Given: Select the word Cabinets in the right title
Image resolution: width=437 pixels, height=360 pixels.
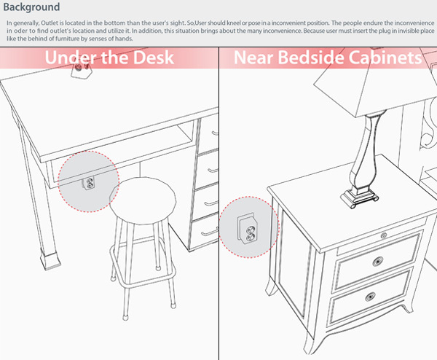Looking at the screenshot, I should [x=384, y=58].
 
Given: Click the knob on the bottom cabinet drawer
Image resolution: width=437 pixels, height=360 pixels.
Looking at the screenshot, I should [x=371, y=297].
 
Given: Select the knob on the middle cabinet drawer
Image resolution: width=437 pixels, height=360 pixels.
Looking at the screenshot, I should [x=377, y=261].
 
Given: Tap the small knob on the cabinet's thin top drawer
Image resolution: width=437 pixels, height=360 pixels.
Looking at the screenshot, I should [x=383, y=235].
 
